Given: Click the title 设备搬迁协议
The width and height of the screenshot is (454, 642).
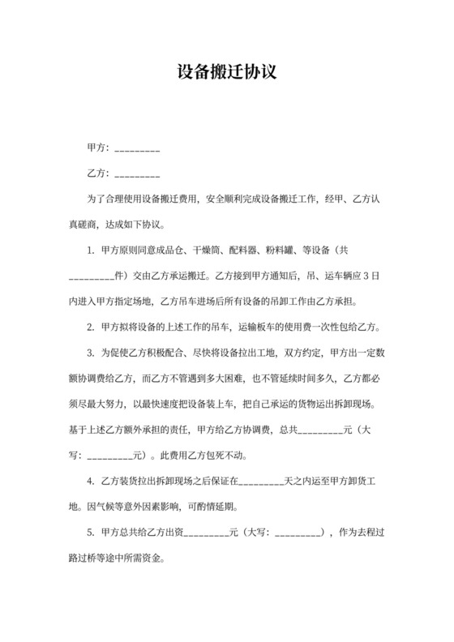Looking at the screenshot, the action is pyautogui.click(x=227, y=71).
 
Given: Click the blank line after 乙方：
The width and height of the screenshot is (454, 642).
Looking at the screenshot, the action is pyautogui.click(x=137, y=175).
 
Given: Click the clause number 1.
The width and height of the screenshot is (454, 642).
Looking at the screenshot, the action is pyautogui.click(x=91, y=251).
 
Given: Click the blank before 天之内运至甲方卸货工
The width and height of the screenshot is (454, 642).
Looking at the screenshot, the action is pyautogui.click(x=261, y=481).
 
